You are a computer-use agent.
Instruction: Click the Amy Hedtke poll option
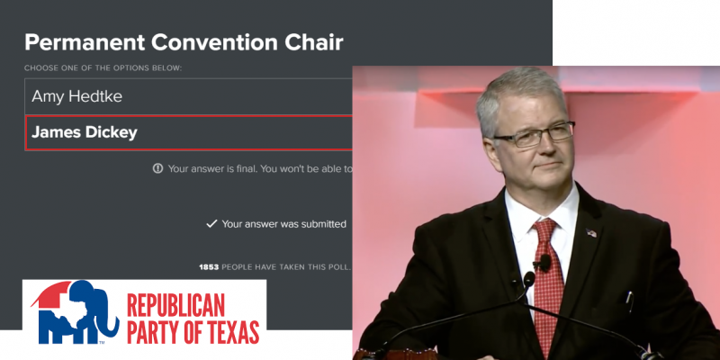[x=188, y=96]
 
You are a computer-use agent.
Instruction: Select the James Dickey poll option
[x=188, y=132]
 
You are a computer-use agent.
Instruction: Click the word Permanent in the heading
[x=85, y=42]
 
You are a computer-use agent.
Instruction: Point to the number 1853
[x=209, y=266]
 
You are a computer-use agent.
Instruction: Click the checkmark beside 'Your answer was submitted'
[x=211, y=224]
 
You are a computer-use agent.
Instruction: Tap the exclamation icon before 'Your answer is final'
[x=158, y=168]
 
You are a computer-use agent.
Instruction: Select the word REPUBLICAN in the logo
[x=175, y=305]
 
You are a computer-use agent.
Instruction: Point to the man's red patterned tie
[x=548, y=280]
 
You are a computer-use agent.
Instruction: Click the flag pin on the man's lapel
[x=591, y=233]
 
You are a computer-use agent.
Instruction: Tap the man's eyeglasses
[x=535, y=134]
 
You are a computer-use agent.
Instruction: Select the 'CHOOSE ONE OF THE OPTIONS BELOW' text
[x=103, y=68]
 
